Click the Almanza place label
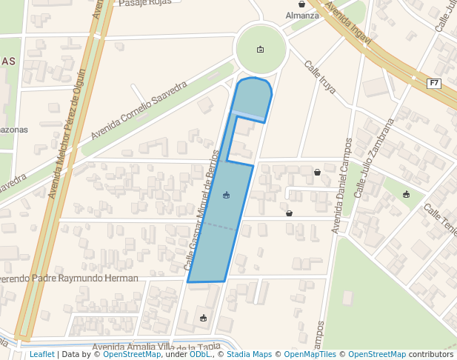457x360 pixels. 301,16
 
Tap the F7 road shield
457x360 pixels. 434,83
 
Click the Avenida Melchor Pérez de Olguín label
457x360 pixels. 67,133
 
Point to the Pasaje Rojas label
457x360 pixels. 144,3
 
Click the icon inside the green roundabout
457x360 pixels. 260,50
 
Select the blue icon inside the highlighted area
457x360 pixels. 226,195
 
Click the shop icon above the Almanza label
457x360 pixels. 301,4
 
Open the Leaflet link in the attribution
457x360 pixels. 41,355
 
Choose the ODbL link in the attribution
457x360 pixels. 200,355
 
